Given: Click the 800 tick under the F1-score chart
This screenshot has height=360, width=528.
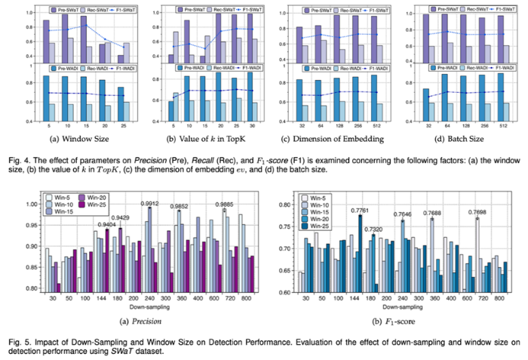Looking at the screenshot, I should (x=499, y=300).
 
